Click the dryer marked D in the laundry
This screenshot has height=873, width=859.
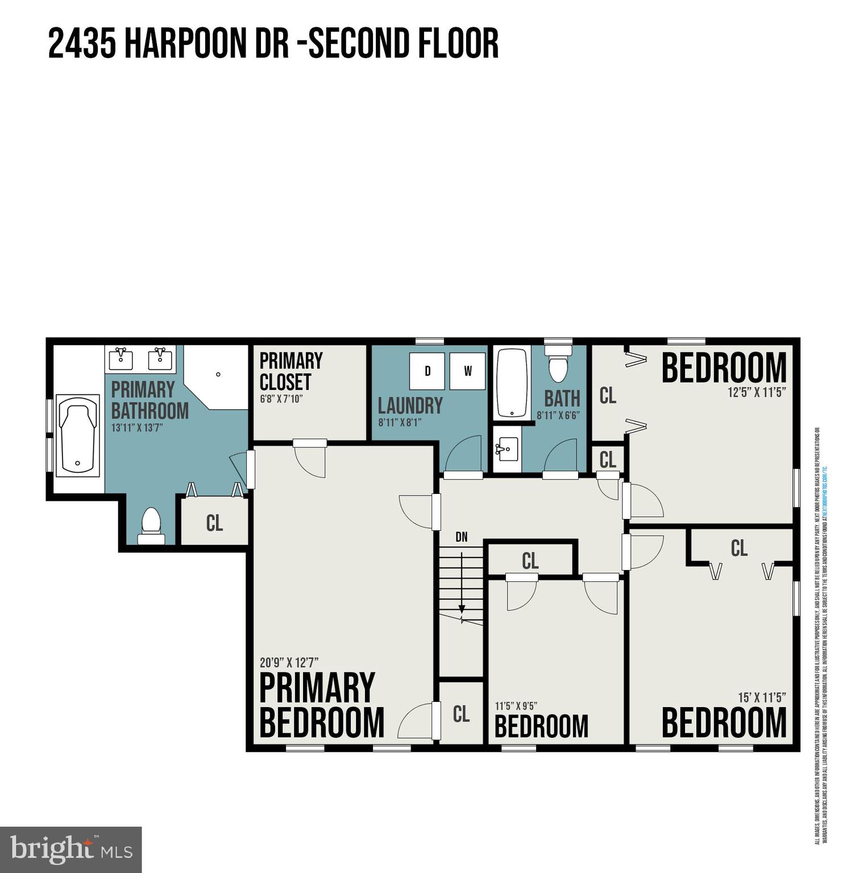tap(427, 371)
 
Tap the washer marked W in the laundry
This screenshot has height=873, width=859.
tap(467, 371)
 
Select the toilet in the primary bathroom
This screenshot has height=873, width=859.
tap(151, 526)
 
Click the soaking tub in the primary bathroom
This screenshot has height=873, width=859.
tap(78, 435)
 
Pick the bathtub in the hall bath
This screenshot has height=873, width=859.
tap(512, 383)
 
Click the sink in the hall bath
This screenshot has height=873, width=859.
tap(507, 450)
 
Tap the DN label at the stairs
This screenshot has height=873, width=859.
tap(462, 537)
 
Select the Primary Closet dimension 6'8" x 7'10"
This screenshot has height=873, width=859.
tap(281, 399)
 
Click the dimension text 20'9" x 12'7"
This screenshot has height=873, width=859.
tap(289, 663)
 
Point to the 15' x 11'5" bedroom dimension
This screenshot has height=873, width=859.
tap(761, 697)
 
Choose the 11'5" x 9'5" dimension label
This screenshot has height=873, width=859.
tap(516, 706)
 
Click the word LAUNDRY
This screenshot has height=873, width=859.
tap(410, 406)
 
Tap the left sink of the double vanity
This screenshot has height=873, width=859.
tap(121, 359)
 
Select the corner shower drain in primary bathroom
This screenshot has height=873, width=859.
tap(218, 374)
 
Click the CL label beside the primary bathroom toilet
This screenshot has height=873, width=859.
tap(214, 523)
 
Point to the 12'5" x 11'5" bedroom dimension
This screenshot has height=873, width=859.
tap(757, 392)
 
